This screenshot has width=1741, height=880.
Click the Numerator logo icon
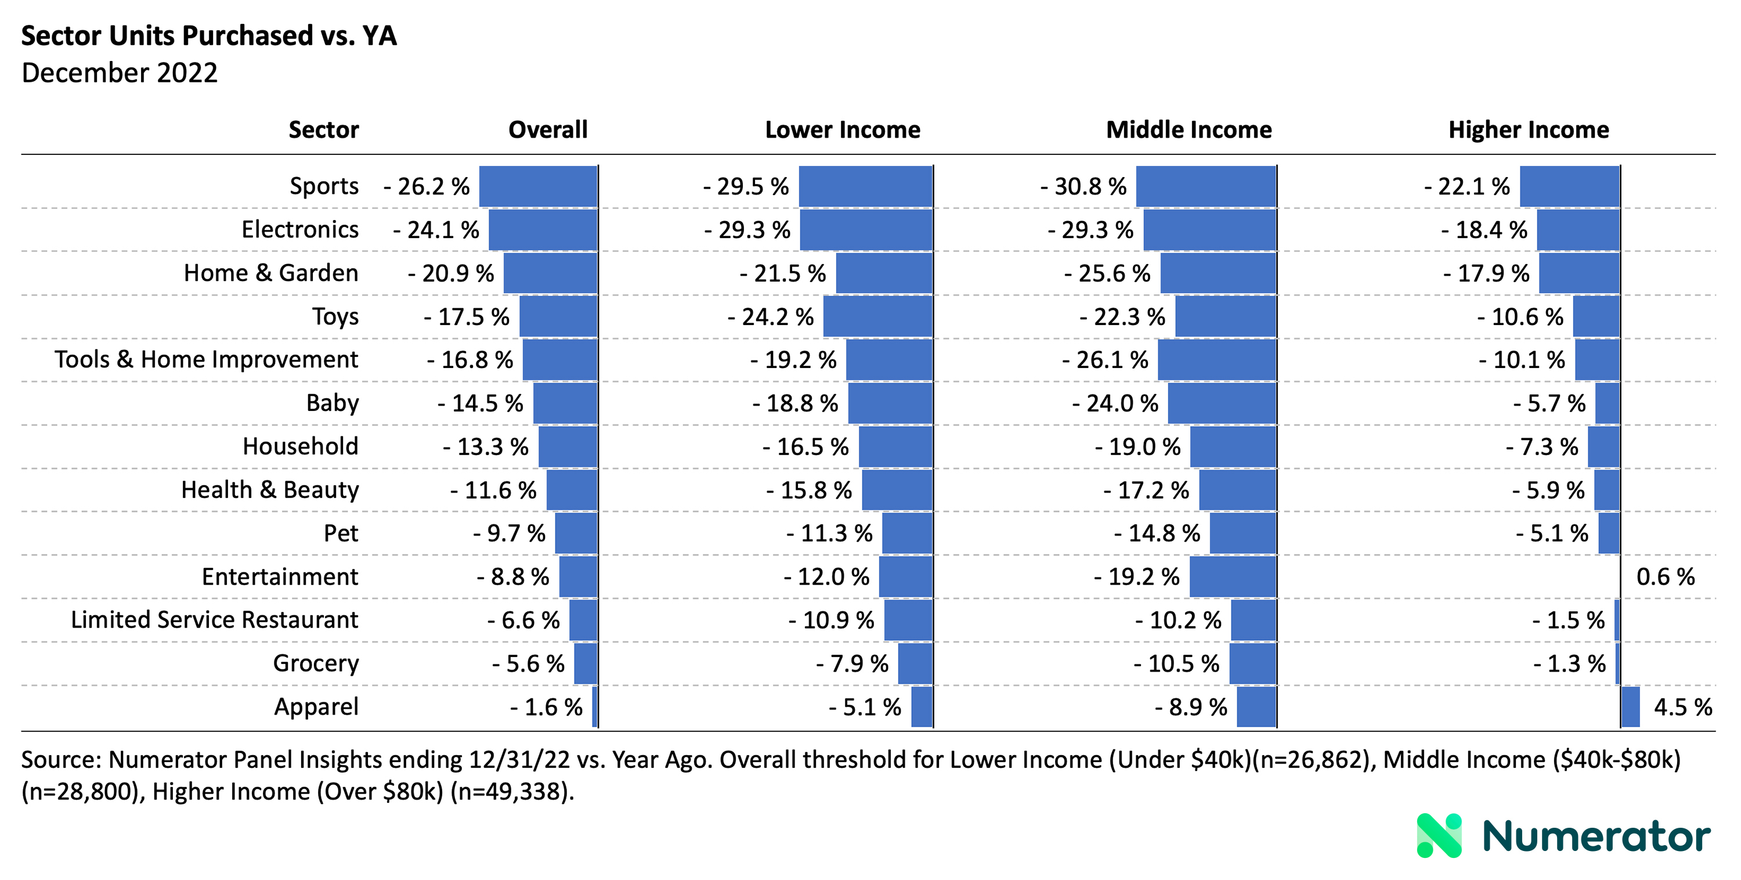pos(1439,835)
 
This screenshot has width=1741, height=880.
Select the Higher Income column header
pos(1528,130)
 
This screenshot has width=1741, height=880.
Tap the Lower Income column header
pos(842,130)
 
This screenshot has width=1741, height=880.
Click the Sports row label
pos(324,186)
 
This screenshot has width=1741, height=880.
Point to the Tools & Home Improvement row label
pos(206,359)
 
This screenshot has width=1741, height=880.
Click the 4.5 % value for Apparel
pos(1682,707)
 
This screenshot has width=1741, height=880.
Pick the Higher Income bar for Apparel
pos(1630,707)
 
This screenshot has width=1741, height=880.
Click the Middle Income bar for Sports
pos(1206,186)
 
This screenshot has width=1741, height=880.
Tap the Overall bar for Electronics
pos(543,230)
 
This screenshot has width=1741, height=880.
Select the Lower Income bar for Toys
pos(877,316)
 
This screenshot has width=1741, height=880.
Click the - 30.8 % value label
pos(1083,186)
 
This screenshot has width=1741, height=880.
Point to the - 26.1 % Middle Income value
pos(1105,359)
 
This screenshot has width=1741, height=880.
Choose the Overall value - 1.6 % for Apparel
pos(546,707)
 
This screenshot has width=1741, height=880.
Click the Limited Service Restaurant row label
pos(214,620)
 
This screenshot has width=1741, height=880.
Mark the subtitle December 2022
pos(120,73)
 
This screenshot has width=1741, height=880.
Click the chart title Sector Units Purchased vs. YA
pos(209,36)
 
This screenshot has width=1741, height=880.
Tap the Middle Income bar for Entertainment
pos(1233,576)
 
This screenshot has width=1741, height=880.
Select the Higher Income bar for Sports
pos(1569,186)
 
